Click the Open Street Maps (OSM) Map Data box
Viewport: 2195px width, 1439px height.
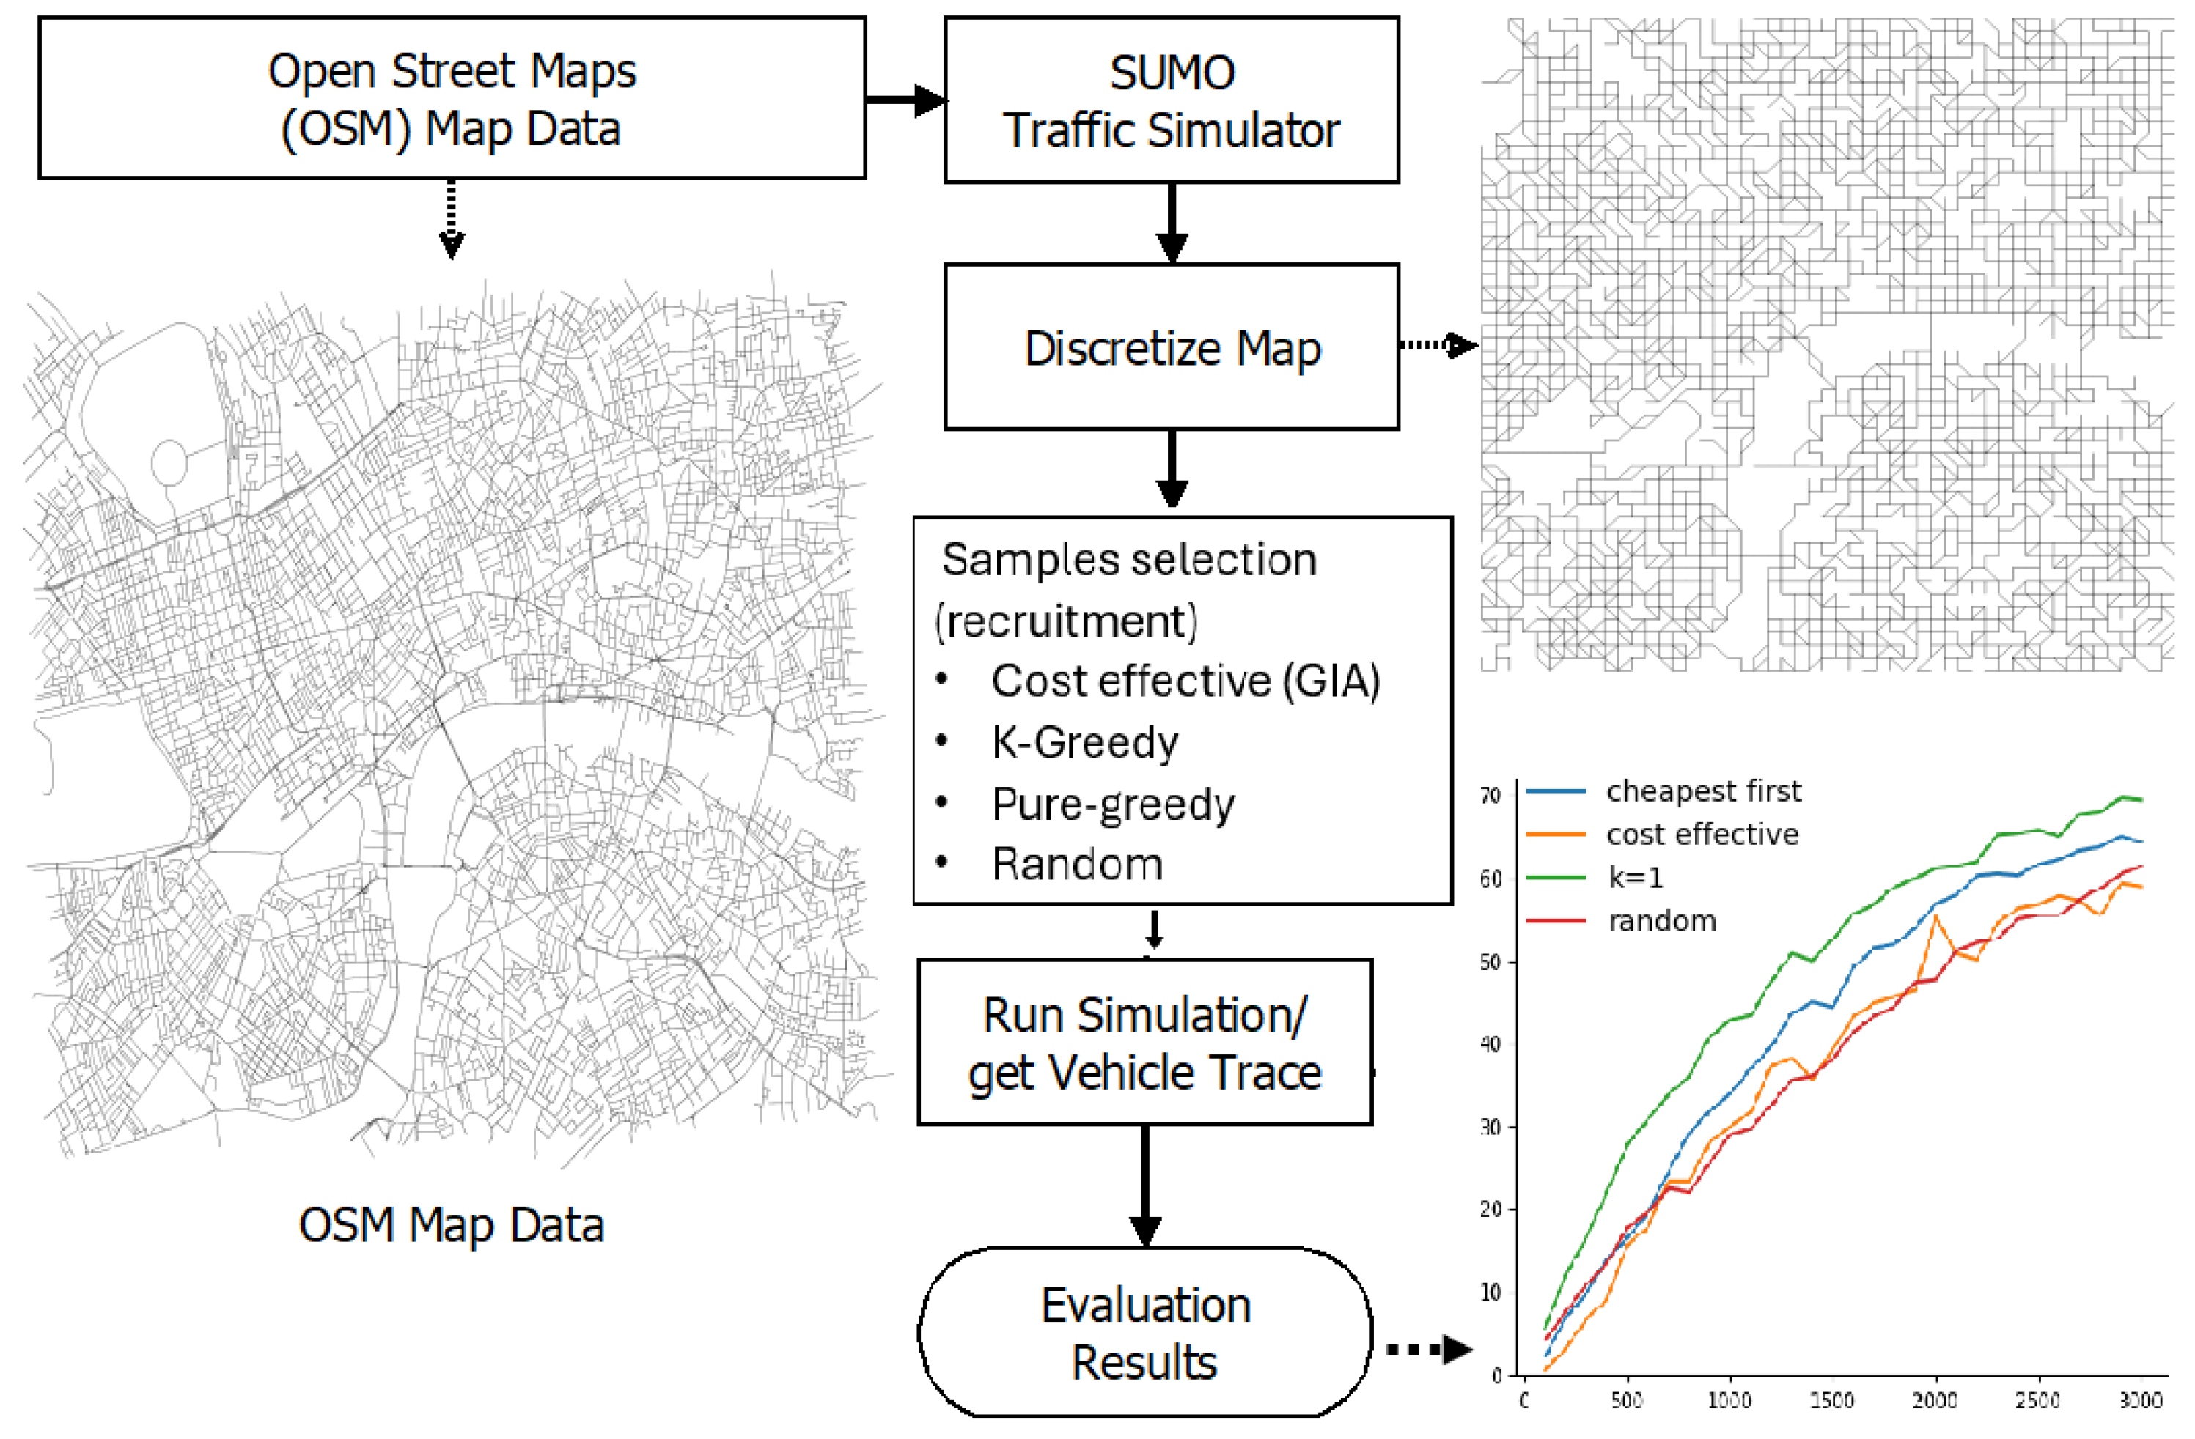click(x=452, y=97)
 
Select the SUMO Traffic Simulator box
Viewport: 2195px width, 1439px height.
click(x=1172, y=100)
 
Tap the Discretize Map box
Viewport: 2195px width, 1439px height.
click(x=1172, y=347)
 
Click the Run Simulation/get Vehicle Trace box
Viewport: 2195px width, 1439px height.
click(x=1144, y=1043)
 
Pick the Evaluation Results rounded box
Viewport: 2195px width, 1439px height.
click(x=1144, y=1332)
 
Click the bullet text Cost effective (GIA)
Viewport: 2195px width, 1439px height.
click(x=1185, y=681)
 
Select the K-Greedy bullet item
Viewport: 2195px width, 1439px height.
click(x=1084, y=742)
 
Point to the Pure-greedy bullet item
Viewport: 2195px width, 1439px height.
click(x=1112, y=804)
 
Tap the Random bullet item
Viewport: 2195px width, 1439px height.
click(x=1076, y=865)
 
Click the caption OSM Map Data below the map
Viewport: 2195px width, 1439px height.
click(x=451, y=1225)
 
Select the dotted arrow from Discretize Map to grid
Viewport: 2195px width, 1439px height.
click(x=1438, y=345)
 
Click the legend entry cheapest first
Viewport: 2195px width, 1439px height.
click(x=1702, y=791)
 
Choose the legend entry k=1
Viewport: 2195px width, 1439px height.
click(x=1635, y=878)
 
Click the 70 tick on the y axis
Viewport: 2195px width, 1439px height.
click(x=1491, y=795)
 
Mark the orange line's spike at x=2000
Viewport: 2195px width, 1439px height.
click(x=1935, y=917)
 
